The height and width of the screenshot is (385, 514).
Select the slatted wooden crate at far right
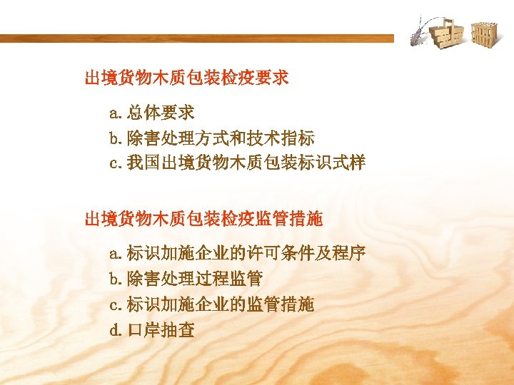484,34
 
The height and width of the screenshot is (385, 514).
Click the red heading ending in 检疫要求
187,78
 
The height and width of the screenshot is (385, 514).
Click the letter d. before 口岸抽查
116,330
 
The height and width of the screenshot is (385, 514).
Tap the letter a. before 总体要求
116,113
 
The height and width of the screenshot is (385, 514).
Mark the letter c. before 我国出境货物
116,163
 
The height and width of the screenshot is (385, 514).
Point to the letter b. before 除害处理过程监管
116,278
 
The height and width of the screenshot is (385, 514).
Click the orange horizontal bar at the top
196,38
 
